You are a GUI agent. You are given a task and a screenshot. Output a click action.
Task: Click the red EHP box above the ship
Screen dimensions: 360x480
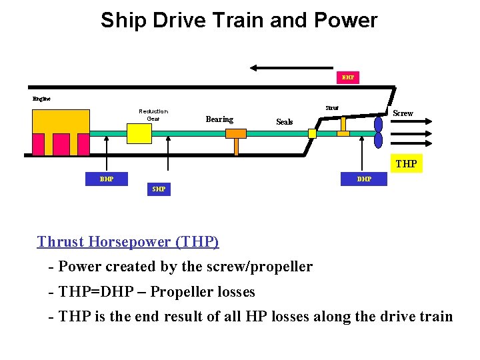tap(347, 77)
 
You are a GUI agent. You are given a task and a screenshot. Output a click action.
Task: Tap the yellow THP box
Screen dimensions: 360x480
tap(406, 163)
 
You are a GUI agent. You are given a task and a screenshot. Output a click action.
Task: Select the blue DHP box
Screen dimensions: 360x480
tap(364, 179)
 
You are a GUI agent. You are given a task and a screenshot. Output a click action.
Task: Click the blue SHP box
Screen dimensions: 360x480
tap(159, 189)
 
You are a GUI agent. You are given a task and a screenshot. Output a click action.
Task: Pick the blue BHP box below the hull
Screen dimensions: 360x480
tap(106, 179)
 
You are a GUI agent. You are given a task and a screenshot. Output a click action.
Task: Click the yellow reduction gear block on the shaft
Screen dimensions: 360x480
tap(139, 133)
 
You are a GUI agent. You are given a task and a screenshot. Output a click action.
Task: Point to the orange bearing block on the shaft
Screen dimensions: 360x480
tap(236, 133)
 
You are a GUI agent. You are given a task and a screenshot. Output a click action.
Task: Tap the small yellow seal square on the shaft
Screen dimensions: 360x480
tap(312, 133)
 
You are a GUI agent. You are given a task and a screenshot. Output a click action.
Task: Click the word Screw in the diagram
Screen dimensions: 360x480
tap(403, 113)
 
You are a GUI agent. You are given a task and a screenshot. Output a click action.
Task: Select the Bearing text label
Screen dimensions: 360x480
tap(219, 119)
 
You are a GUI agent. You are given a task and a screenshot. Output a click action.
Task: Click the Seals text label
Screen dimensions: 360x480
tap(285, 122)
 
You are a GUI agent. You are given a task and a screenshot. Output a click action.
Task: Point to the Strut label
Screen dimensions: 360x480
tap(331, 108)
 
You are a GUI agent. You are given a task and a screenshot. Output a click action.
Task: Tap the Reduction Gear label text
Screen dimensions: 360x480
tap(153, 115)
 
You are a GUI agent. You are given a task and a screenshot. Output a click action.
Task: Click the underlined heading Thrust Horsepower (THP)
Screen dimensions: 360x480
tap(128, 241)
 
